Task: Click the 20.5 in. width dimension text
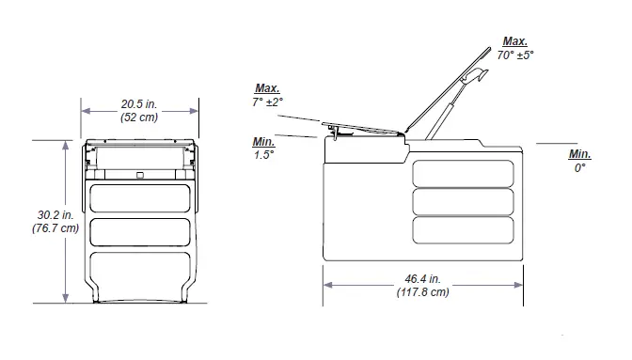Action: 139,103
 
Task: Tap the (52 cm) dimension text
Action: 139,117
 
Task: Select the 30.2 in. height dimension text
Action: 44,214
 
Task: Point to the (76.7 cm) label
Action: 44,228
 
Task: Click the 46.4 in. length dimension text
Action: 421,278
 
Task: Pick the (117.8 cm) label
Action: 421,292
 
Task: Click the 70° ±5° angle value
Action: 516,55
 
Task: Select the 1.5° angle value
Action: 263,155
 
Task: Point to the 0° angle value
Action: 580,167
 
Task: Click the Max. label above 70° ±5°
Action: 515,41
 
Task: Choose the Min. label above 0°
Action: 580,153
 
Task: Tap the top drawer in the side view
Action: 466,173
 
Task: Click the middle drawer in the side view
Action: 466,202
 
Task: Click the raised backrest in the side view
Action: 449,90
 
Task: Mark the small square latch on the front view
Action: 139,174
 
